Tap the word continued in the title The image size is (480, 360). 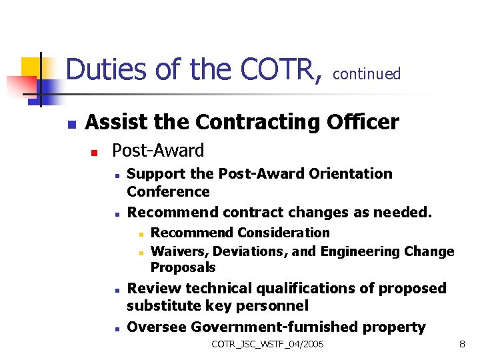[367, 74]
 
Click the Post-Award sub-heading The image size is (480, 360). [158, 151]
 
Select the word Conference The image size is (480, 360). [168, 192]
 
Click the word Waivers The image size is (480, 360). [174, 251]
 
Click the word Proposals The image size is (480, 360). [183, 267]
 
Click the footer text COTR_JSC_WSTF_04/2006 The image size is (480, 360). [267, 344]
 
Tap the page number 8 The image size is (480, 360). [462, 344]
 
